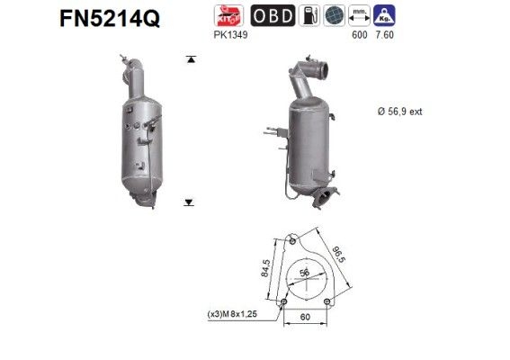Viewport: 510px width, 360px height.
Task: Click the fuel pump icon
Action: (x=308, y=15)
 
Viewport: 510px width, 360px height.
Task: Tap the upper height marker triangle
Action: (x=190, y=59)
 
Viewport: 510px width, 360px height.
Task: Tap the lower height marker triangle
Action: (x=190, y=203)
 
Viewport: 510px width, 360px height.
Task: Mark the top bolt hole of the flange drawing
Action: (x=293, y=240)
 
